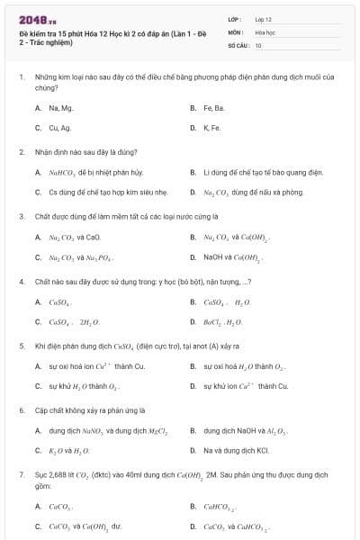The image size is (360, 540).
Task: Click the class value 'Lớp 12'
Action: [263, 19]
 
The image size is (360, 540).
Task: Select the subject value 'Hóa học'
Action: [265, 31]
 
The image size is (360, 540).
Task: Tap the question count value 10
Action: [258, 44]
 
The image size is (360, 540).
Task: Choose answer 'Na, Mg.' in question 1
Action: [61, 108]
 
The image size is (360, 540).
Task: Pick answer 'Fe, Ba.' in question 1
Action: [213, 108]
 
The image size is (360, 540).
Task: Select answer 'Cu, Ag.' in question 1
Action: [60, 128]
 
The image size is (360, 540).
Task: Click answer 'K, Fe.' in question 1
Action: [212, 128]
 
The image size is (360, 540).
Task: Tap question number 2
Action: [22, 152]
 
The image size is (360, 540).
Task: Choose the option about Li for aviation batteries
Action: [256, 171]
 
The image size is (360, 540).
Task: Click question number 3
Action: [22, 217]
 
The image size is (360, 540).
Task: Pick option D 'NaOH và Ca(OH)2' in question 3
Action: [232, 258]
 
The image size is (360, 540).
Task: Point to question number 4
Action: [22, 282]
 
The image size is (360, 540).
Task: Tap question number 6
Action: [22, 410]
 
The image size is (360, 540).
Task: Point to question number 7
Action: [22, 474]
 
